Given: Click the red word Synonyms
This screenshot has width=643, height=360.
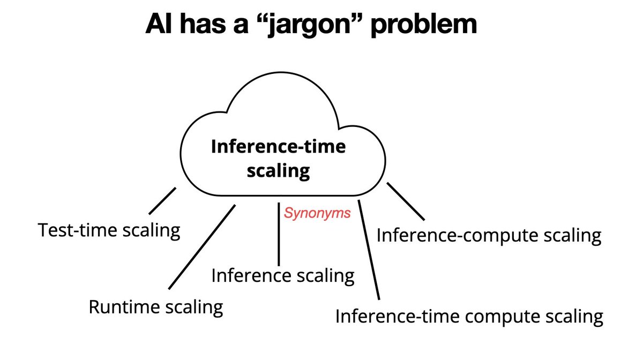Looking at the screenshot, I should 317,213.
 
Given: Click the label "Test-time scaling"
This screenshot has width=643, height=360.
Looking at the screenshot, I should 109,231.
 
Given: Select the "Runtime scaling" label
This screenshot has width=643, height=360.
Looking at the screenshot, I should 155,307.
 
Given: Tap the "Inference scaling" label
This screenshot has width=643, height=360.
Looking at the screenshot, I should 283,275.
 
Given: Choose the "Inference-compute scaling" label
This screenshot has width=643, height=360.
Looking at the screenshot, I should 489,235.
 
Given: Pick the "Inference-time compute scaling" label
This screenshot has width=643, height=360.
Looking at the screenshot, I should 469,316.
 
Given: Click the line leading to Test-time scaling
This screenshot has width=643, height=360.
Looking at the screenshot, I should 162,199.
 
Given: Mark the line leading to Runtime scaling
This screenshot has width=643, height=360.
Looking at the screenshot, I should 203,246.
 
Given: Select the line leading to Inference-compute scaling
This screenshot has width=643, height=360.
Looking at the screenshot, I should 406,201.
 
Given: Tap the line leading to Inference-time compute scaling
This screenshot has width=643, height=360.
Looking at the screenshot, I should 369,249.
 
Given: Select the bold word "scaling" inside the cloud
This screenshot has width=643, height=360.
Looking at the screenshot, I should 278,171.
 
